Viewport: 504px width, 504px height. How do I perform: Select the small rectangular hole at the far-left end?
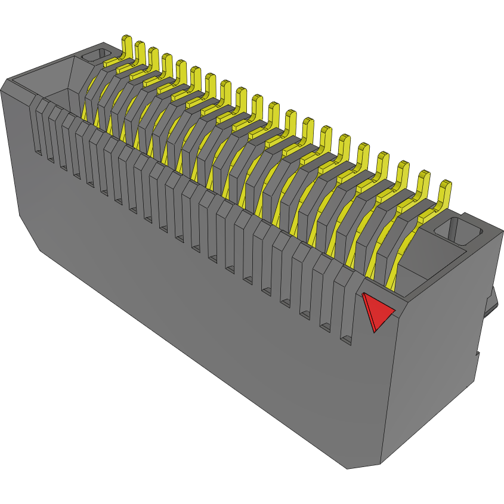coord(92,56)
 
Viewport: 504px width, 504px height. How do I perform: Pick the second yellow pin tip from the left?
coord(140,52)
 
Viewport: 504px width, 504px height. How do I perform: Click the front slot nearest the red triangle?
coord(345,310)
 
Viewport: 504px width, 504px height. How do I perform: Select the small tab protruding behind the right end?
coord(493,304)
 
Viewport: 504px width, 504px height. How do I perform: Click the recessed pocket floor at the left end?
coord(57,98)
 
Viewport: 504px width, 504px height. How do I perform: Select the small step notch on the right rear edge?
coord(478,355)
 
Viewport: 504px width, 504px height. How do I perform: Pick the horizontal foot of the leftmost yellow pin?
coord(113,61)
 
